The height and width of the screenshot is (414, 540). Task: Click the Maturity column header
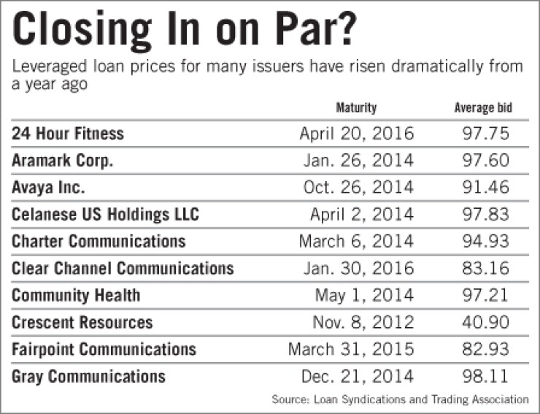(x=356, y=108)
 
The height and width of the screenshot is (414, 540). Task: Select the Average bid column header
(x=483, y=108)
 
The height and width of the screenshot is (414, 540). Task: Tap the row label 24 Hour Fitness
(x=68, y=134)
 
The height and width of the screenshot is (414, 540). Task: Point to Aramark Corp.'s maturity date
(x=358, y=161)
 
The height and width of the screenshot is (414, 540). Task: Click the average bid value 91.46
(x=485, y=187)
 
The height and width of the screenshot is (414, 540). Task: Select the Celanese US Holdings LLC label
(x=105, y=214)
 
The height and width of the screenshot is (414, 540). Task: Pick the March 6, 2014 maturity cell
(x=356, y=241)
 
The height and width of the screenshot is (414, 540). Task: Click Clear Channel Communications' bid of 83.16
(x=485, y=268)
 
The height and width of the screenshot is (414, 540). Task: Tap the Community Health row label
(x=76, y=296)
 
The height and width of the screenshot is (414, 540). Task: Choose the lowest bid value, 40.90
(x=485, y=322)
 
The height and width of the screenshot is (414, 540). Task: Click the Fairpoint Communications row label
(x=104, y=349)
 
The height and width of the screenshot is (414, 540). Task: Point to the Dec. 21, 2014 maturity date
(x=357, y=376)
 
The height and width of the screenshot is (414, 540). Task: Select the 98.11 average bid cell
(x=485, y=376)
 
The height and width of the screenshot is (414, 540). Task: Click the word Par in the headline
(x=300, y=28)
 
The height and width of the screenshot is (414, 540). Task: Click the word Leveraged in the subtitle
(x=49, y=66)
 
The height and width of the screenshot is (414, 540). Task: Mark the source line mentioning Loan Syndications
(x=400, y=399)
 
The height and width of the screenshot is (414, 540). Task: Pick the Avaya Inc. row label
(x=48, y=187)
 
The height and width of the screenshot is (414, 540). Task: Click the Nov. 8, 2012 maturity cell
(x=363, y=322)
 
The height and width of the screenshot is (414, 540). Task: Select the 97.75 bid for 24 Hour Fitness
(x=485, y=134)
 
